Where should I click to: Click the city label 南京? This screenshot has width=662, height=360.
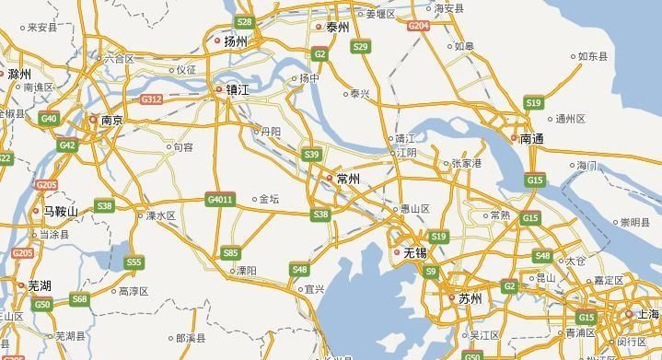pyautogui.click(x=112, y=120)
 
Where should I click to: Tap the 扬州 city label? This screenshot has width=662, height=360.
pyautogui.click(x=236, y=41)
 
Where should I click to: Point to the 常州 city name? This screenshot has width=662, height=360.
pyautogui.click(x=348, y=178)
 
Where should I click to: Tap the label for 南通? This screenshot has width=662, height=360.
pyautogui.click(x=532, y=139)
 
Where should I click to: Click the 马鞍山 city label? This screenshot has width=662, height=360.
pyautogui.click(x=61, y=211)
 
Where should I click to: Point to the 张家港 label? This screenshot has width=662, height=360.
pyautogui.click(x=467, y=163)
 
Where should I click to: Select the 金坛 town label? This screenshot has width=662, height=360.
pyautogui.click(x=269, y=198)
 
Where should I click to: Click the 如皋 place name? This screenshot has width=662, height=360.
pyautogui.click(x=464, y=46)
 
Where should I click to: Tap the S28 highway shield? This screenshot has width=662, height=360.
pyautogui.click(x=244, y=21)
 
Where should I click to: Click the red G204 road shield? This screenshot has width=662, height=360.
pyautogui.click(x=419, y=27)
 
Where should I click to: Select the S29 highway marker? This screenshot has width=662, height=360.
pyautogui.click(x=361, y=46)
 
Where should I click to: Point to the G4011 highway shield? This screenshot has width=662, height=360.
pyautogui.click(x=220, y=199)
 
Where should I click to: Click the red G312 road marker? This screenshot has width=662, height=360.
pyautogui.click(x=151, y=99)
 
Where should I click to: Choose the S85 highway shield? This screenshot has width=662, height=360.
pyautogui.click(x=230, y=252)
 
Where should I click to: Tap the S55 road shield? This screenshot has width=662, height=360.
pyautogui.click(x=134, y=262)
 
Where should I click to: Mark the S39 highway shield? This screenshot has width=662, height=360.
pyautogui.click(x=312, y=154)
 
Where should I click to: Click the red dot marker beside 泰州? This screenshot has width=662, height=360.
pyautogui.click(x=319, y=27)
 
